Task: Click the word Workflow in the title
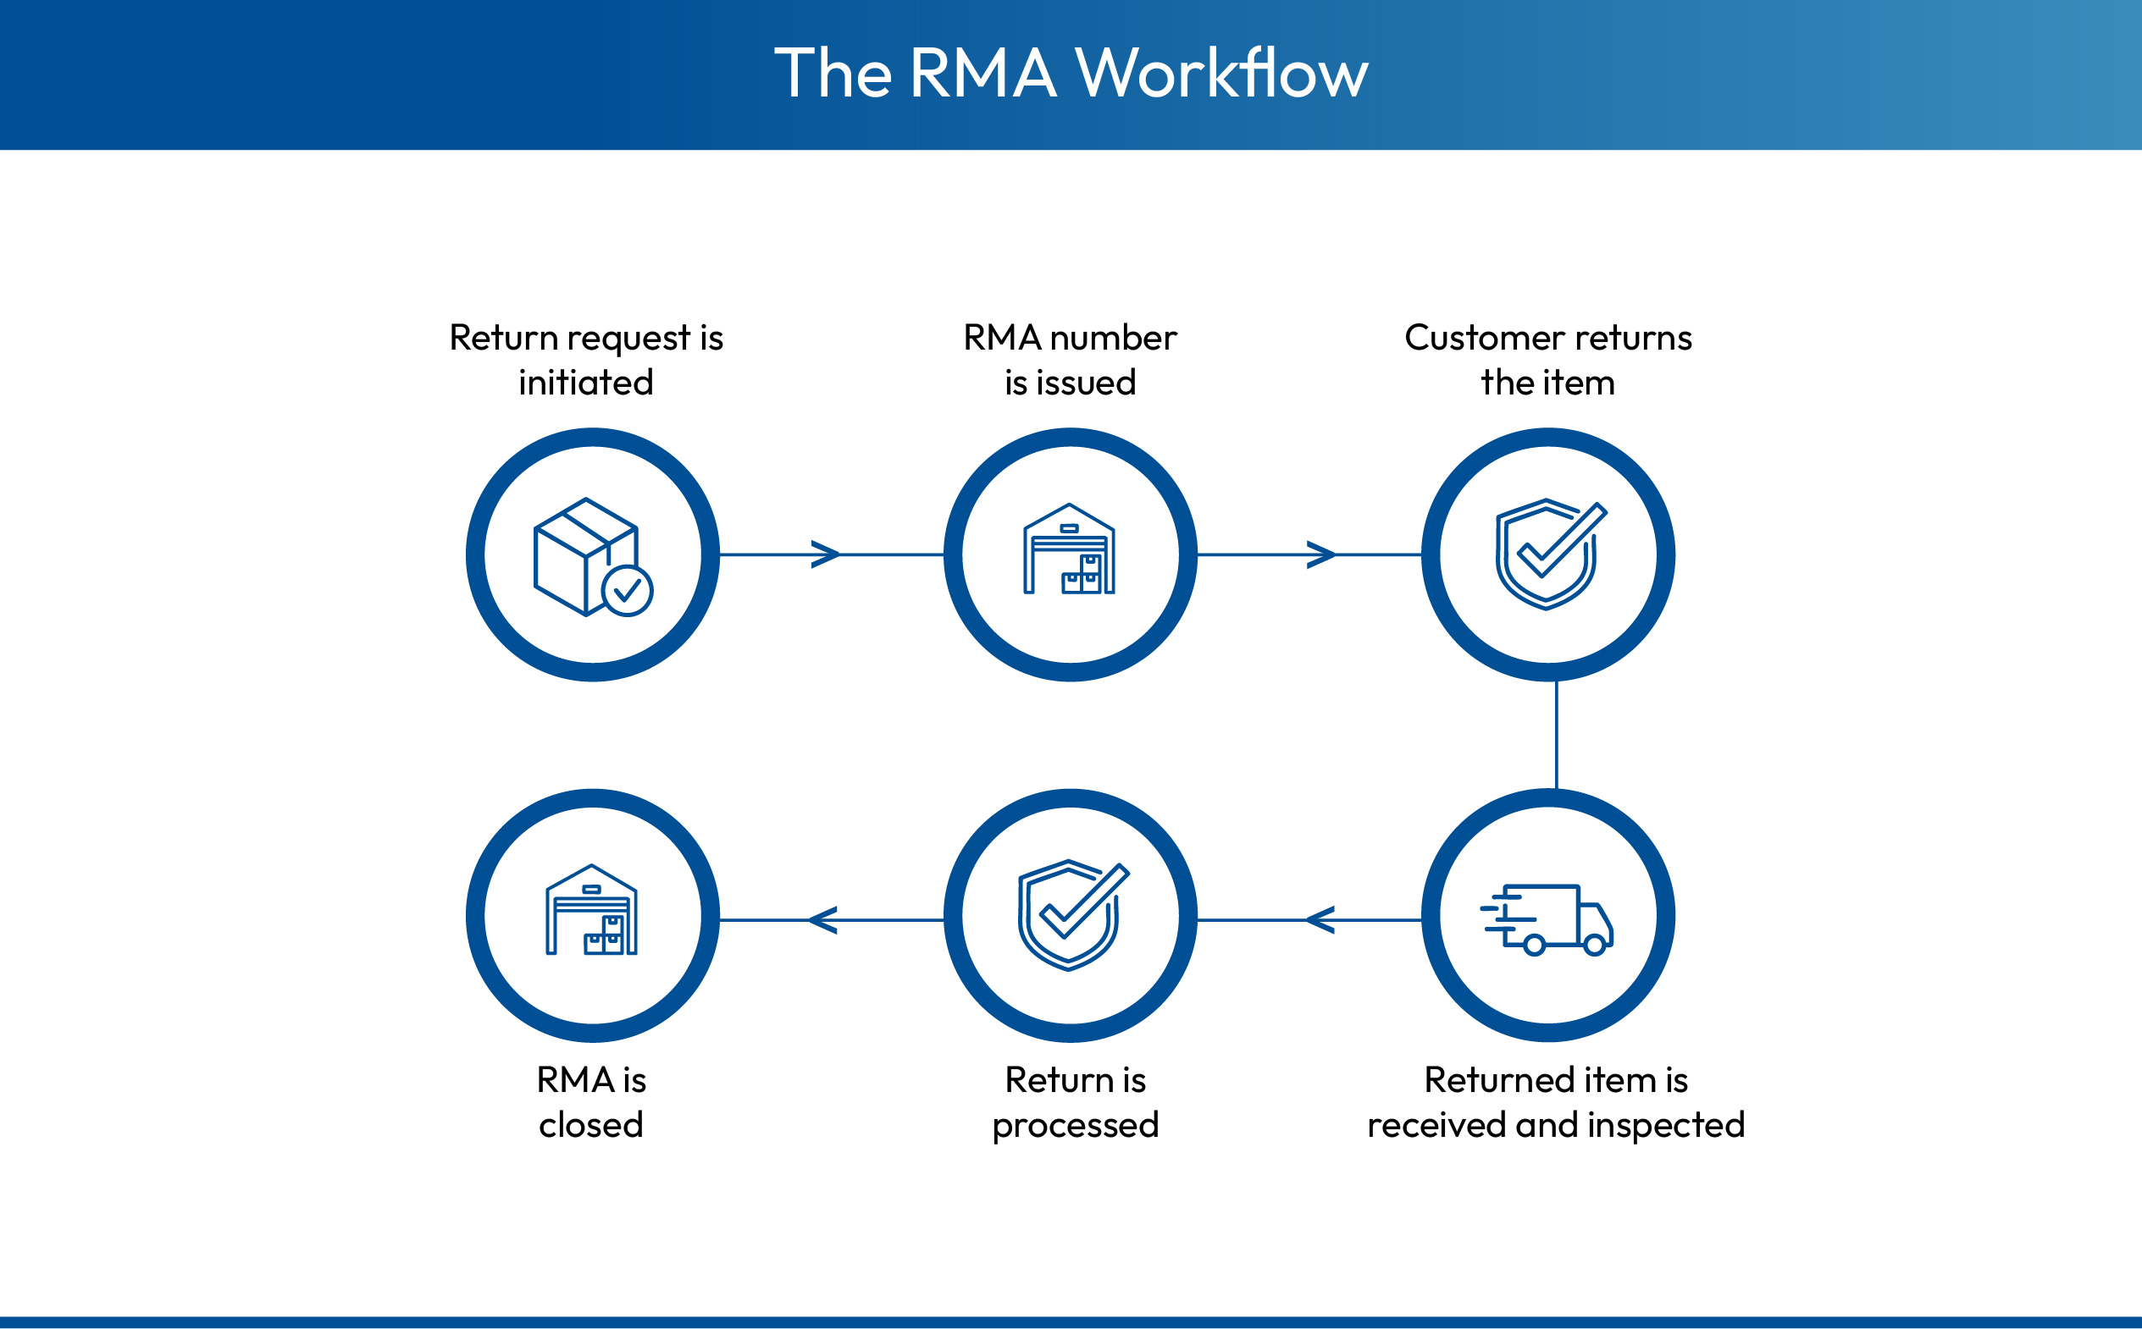(1221, 73)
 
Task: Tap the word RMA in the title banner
(982, 73)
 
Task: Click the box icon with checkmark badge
(592, 557)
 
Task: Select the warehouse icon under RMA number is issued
(1069, 550)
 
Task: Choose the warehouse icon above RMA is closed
(592, 911)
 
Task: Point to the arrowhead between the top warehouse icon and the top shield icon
(1320, 554)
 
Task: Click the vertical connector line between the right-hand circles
(1557, 735)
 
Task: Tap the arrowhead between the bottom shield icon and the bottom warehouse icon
(823, 920)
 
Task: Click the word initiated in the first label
(585, 383)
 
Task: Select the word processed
(1076, 1126)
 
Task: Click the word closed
(591, 1125)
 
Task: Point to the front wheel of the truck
(1594, 946)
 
